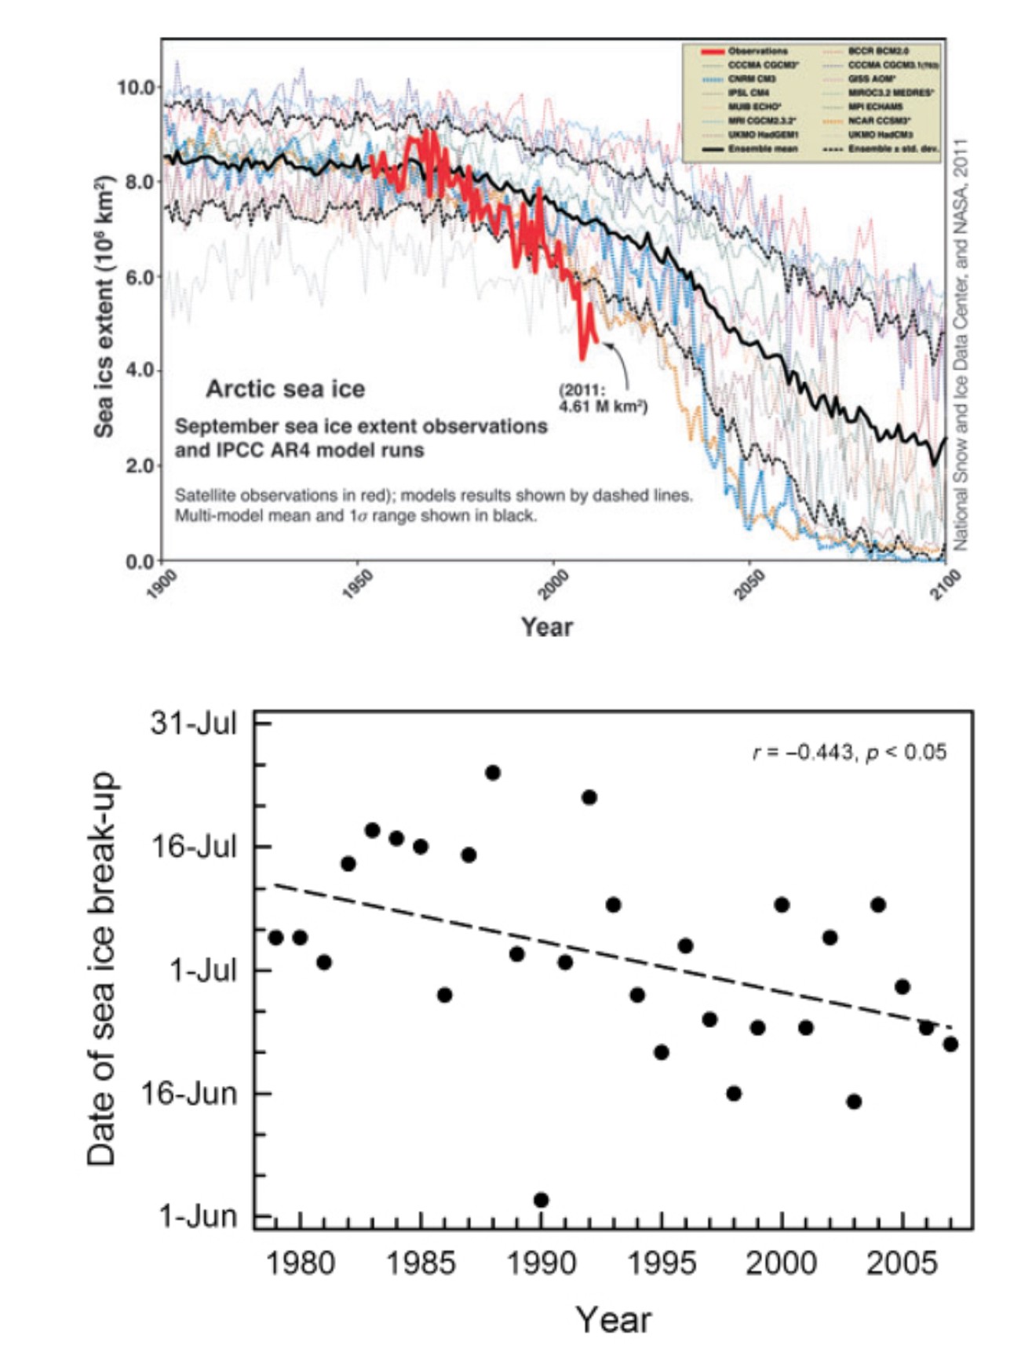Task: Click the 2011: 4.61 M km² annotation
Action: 603,398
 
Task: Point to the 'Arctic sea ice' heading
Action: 285,388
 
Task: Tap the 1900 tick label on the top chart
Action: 161,585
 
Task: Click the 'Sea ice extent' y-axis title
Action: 104,306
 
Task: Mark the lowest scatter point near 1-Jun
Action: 541,1200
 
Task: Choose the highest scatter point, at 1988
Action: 493,773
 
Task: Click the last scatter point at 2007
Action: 950,1044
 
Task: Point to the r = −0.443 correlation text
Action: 849,753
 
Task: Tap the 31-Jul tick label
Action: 194,723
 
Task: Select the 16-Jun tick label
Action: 189,1093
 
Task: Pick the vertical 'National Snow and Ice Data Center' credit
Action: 961,345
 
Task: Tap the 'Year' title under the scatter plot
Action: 613,1319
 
